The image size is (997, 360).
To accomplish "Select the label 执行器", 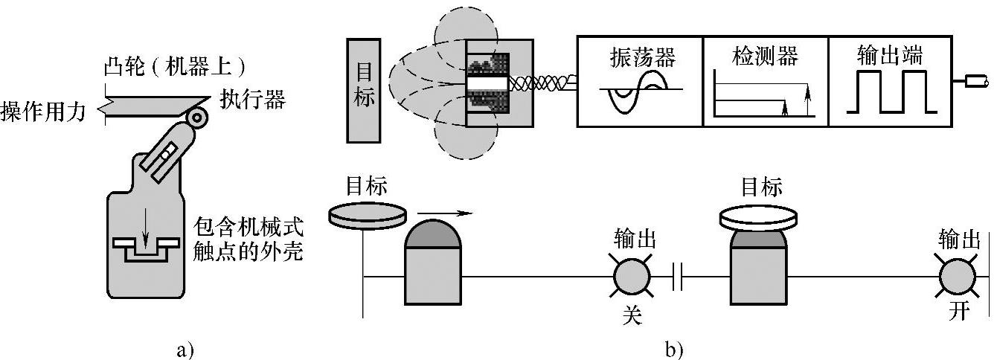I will pos(252,99).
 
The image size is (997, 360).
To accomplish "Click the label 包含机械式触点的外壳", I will pos(249,238).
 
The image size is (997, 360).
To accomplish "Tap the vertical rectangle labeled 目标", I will pos(364,90).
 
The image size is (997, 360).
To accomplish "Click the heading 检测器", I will pos(763,56).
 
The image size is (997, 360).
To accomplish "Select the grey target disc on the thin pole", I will pos(368,213).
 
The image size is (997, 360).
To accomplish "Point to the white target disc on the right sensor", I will pos(758,216).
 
